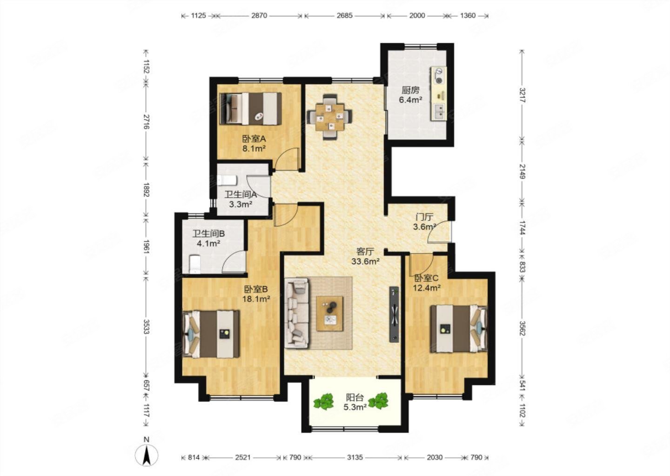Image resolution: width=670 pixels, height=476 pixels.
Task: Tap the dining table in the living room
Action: (329, 117)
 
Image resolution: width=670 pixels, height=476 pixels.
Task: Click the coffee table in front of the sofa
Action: (330, 313)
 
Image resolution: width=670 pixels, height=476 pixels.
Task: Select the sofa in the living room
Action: (297, 313)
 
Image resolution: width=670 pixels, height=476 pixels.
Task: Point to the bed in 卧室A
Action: (251, 108)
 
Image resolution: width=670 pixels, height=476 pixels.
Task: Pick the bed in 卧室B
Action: (211, 334)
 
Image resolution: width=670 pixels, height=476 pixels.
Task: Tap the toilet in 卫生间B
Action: (194, 264)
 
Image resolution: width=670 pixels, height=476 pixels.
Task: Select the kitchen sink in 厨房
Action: (439, 112)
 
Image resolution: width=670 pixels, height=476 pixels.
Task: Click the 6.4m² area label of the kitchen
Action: (410, 100)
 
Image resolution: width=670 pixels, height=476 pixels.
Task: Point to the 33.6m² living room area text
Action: (366, 261)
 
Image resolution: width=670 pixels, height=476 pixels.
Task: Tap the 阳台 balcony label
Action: (355, 397)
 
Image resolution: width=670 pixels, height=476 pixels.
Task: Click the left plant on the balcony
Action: (323, 401)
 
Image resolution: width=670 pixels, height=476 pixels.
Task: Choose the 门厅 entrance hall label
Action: (425, 217)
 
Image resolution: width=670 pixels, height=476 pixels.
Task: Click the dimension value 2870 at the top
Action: (259, 15)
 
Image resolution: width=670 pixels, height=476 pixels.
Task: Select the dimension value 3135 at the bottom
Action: (355, 457)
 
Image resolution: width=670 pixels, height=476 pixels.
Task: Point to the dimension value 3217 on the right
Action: (522, 95)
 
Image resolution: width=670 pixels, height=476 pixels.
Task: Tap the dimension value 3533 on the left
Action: (146, 327)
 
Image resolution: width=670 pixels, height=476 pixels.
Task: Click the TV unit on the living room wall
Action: (394, 314)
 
